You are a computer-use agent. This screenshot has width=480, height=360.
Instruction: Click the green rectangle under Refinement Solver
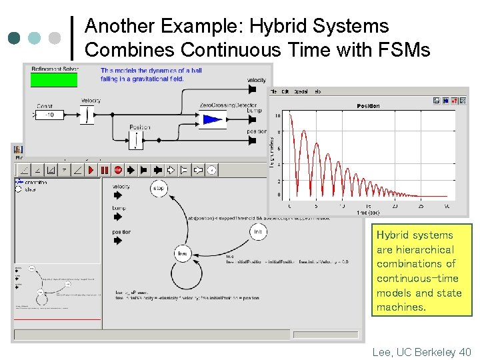click(x=54, y=80)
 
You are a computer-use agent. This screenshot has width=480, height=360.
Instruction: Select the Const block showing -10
click(x=50, y=115)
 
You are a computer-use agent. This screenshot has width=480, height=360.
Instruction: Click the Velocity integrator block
click(x=88, y=115)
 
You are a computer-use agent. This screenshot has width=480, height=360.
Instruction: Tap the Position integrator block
click(x=136, y=139)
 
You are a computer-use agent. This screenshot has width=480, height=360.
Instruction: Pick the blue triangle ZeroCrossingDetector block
click(x=213, y=120)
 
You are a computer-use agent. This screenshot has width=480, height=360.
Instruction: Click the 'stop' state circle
click(x=159, y=189)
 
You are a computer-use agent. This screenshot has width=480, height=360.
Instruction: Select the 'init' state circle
click(x=259, y=231)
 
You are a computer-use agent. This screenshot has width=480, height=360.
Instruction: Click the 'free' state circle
click(x=183, y=253)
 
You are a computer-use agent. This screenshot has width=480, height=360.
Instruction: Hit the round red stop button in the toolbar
click(x=118, y=170)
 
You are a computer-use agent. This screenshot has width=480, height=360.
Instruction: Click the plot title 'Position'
click(x=368, y=106)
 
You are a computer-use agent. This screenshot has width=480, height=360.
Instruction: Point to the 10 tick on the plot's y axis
click(x=278, y=116)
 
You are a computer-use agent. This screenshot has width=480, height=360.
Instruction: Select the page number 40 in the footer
click(x=465, y=351)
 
